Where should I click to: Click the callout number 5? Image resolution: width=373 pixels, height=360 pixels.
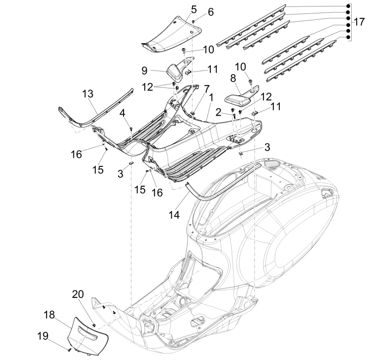coord(193,8)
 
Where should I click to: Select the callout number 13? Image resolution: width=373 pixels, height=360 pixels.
coord(88,94)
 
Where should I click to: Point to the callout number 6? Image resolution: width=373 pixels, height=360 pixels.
coord(210,11)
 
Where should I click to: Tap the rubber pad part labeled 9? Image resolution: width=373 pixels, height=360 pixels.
coord(175,72)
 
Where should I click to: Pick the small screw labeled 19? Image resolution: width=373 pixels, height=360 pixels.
coord(69,350)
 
